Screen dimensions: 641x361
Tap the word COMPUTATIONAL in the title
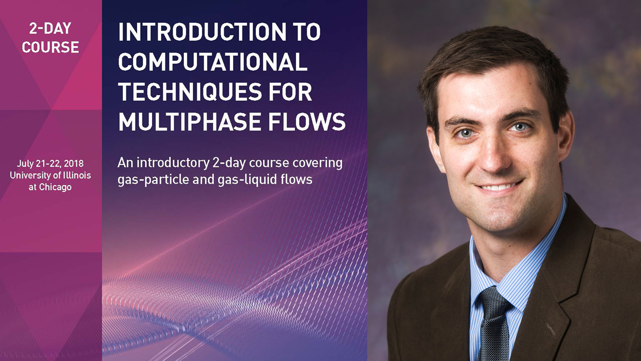pyautogui.click(x=213, y=62)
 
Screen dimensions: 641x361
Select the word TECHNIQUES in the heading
pyautogui.click(x=190, y=92)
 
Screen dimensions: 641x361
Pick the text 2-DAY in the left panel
pyautogui.click(x=50, y=29)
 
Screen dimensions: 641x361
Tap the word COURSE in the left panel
pyautogui.click(x=50, y=47)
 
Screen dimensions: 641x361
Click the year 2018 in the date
pyautogui.click(x=74, y=163)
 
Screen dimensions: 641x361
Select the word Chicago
pyautogui.click(x=55, y=187)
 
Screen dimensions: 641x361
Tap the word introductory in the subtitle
pyautogui.click(x=173, y=163)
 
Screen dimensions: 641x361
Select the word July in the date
pyautogui.click(x=25, y=164)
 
